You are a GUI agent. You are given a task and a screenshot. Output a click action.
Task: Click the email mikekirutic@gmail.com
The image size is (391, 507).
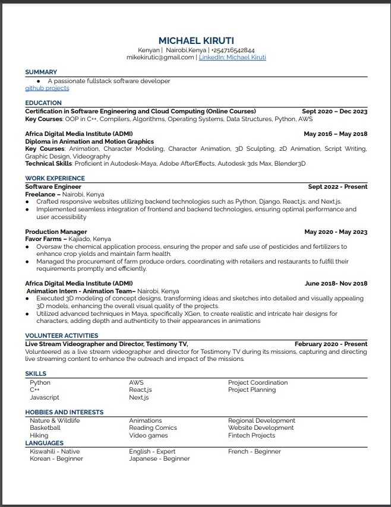click(x=160, y=58)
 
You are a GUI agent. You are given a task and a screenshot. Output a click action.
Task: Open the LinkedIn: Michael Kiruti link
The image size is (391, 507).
click(x=232, y=58)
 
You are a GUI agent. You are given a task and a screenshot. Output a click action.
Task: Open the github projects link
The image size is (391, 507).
click(x=47, y=88)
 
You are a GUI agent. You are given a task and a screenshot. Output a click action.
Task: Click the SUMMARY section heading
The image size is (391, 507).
click(x=41, y=72)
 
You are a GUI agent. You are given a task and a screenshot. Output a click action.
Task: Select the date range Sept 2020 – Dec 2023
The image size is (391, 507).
click(x=335, y=112)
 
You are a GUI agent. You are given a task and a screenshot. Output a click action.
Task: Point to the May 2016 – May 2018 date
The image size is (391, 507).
click(x=335, y=134)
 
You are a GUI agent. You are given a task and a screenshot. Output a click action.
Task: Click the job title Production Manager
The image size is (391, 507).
click(x=56, y=232)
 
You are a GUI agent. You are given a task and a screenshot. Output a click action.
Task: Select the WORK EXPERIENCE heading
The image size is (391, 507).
click(x=55, y=178)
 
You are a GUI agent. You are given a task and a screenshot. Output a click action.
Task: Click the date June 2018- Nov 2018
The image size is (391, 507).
click(x=336, y=284)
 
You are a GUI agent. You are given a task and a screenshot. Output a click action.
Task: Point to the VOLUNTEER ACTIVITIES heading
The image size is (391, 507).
click(x=61, y=336)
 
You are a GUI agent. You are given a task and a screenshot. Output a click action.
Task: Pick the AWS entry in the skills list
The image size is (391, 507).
click(x=136, y=383)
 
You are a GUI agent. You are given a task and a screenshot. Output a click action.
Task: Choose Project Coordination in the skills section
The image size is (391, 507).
click(x=258, y=383)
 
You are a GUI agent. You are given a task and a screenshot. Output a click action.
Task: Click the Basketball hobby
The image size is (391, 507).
click(x=45, y=428)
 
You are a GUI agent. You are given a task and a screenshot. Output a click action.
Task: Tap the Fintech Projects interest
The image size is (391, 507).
click(x=252, y=435)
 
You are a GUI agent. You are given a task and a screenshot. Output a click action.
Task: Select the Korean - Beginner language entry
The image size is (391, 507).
click(x=56, y=459)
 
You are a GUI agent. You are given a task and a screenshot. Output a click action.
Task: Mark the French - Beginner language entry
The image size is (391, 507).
click(x=254, y=452)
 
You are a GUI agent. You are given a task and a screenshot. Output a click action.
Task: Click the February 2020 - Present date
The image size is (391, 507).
click(x=331, y=344)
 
